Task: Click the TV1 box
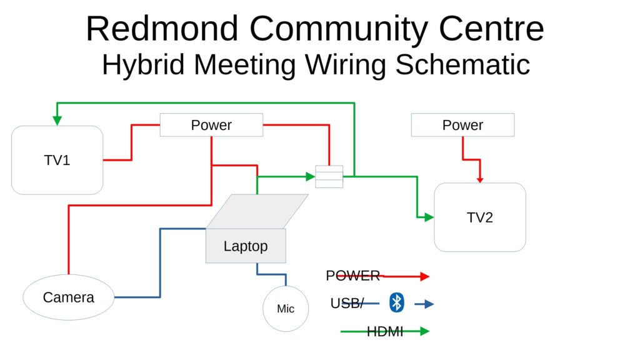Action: coord(57,160)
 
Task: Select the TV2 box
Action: coord(480,217)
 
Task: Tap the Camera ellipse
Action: coord(69,297)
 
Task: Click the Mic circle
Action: coord(286,309)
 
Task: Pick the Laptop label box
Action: coord(246,246)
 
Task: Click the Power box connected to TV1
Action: coord(211,125)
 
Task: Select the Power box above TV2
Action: coord(463,125)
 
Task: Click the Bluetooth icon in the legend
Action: coord(396,302)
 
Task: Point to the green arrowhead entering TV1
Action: coord(57,121)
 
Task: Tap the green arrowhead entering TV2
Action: coord(429,217)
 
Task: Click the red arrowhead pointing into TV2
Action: coord(480,180)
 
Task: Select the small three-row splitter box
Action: coord(329,176)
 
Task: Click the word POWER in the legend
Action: coord(352,276)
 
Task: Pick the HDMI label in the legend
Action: coord(385,331)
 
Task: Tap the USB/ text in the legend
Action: coord(347,303)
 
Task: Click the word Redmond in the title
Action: coord(162,29)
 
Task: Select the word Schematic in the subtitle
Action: coord(462,64)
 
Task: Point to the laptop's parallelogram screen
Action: coord(257,211)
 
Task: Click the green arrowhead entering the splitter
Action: coord(311,176)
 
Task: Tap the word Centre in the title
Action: coord(491,29)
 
